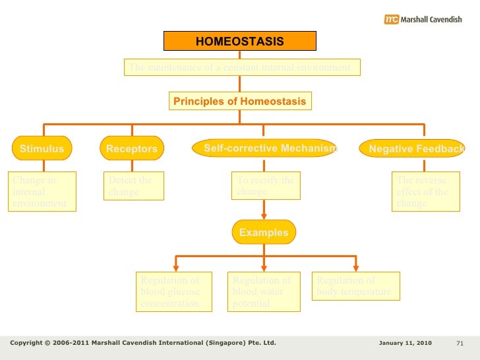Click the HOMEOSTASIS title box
[x=240, y=42]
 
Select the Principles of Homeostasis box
[x=239, y=102]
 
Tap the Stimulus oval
[x=42, y=149]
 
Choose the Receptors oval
[x=132, y=149]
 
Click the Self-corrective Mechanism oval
[x=264, y=148]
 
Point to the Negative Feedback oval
[x=413, y=149]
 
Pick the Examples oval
[x=264, y=232]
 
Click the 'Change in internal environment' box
[x=42, y=192]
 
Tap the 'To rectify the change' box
[x=266, y=186]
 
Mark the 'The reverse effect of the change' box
[x=426, y=192]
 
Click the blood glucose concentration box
[x=174, y=291]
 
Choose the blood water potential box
[x=263, y=291]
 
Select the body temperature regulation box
[x=356, y=286]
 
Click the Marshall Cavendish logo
[x=423, y=20]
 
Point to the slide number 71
[x=460, y=344]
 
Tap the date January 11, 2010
[x=405, y=344]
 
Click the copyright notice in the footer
[x=143, y=344]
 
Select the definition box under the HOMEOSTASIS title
[x=242, y=67]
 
